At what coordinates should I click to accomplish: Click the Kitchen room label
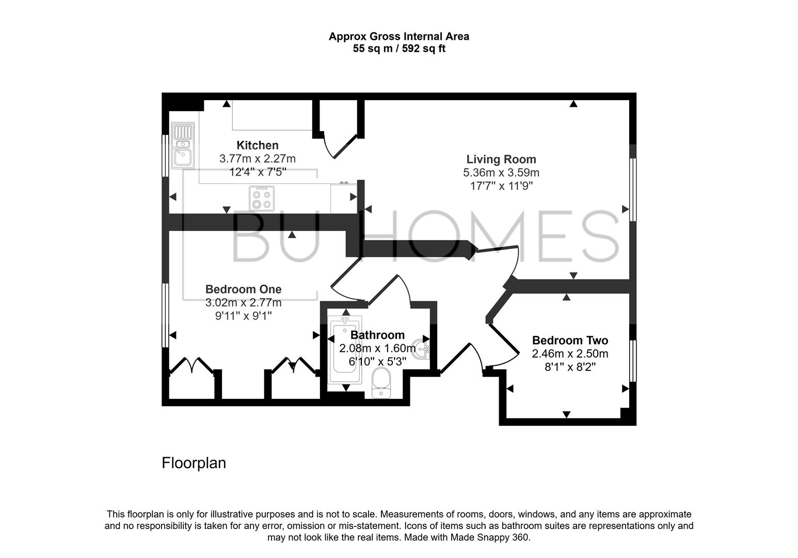tap(257, 145)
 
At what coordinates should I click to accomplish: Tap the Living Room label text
tap(501, 159)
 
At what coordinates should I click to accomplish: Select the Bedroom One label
tap(243, 289)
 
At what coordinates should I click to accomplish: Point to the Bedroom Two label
tap(570, 340)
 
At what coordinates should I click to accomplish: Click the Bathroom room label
tap(377, 335)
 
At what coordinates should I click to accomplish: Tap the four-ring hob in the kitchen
tap(262, 198)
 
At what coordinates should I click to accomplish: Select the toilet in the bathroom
tap(381, 384)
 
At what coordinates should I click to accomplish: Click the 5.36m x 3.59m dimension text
tap(501, 173)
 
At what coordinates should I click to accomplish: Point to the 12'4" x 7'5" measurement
tap(257, 172)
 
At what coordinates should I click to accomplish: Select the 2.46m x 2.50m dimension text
tap(570, 354)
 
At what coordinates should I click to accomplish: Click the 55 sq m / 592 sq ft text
tap(398, 49)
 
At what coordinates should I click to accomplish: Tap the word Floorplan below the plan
tap(194, 462)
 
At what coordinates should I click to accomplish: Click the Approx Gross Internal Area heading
tap(398, 37)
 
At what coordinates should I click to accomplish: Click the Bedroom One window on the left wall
tap(165, 315)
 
